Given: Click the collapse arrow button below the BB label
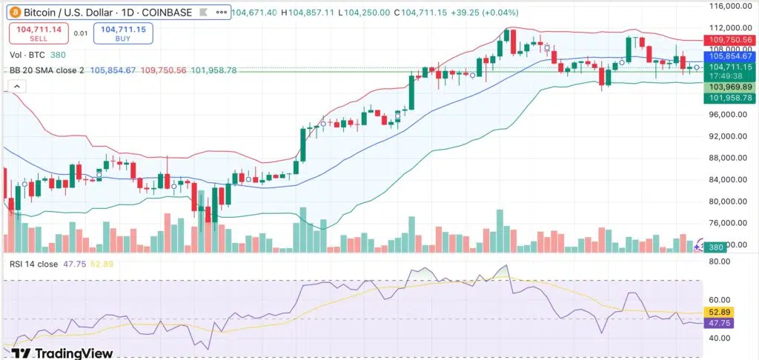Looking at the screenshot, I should tap(16, 86).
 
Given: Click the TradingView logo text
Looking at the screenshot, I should tap(62, 352).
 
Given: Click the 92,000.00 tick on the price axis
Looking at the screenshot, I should tap(727, 136).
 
